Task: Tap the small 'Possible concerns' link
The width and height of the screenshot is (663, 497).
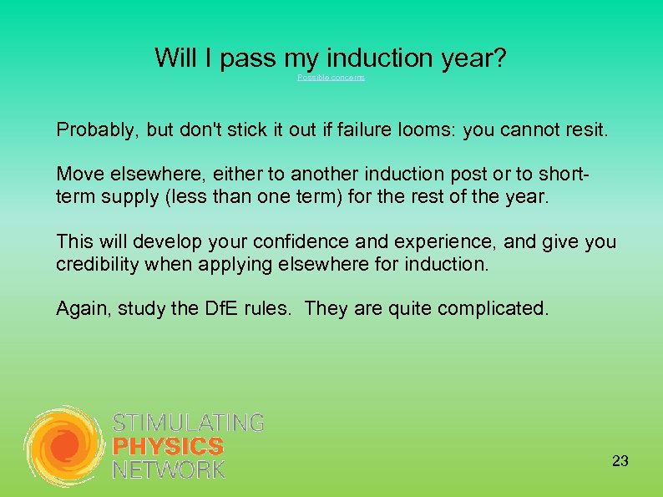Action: [331, 78]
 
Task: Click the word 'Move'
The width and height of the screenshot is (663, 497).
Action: [77, 175]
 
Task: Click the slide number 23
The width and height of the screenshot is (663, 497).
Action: [620, 461]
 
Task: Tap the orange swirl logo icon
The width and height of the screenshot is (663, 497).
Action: [64, 447]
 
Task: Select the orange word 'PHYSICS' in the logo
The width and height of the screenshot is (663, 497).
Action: [168, 447]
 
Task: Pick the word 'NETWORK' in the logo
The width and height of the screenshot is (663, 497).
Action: [169, 469]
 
